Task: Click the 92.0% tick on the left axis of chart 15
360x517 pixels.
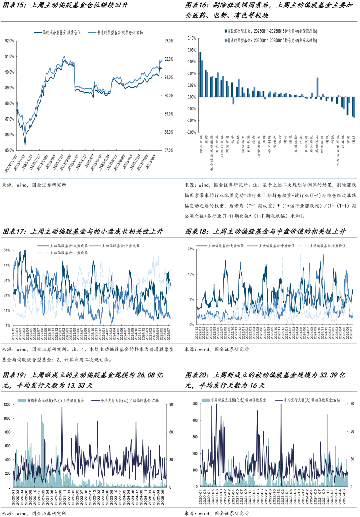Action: (x=9, y=41)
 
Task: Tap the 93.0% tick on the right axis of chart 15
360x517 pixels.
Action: (x=169, y=41)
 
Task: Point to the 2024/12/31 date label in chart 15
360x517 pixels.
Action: (x=11, y=163)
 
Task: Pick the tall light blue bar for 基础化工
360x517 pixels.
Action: (x=317, y=87)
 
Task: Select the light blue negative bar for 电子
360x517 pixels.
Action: (x=233, y=101)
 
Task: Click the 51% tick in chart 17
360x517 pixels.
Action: (x=7, y=250)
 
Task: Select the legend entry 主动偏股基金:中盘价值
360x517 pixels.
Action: (x=276, y=246)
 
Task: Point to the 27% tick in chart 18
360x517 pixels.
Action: (x=191, y=249)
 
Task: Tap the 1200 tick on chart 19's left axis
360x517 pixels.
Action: (x=7, y=404)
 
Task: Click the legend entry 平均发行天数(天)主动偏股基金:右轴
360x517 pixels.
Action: (x=129, y=400)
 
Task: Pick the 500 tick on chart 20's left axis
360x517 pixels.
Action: (x=195, y=404)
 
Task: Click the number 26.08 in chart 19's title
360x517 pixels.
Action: (x=146, y=375)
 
